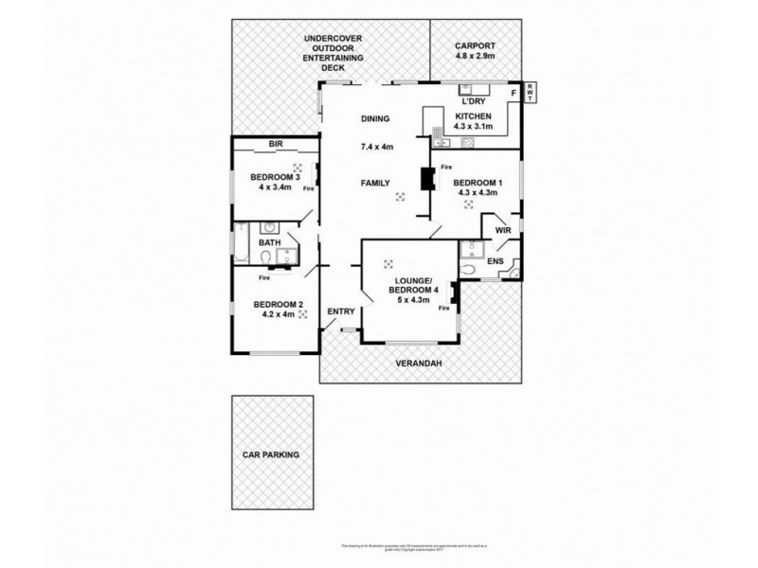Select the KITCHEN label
point(473,115)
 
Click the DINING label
point(375,118)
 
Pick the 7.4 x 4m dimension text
point(376,148)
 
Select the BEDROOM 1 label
point(478,183)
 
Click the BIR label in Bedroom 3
point(276,144)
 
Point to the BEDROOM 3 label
point(275,177)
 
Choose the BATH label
point(270,242)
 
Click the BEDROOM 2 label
point(279,304)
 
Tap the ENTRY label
point(340,311)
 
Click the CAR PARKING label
point(271,454)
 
